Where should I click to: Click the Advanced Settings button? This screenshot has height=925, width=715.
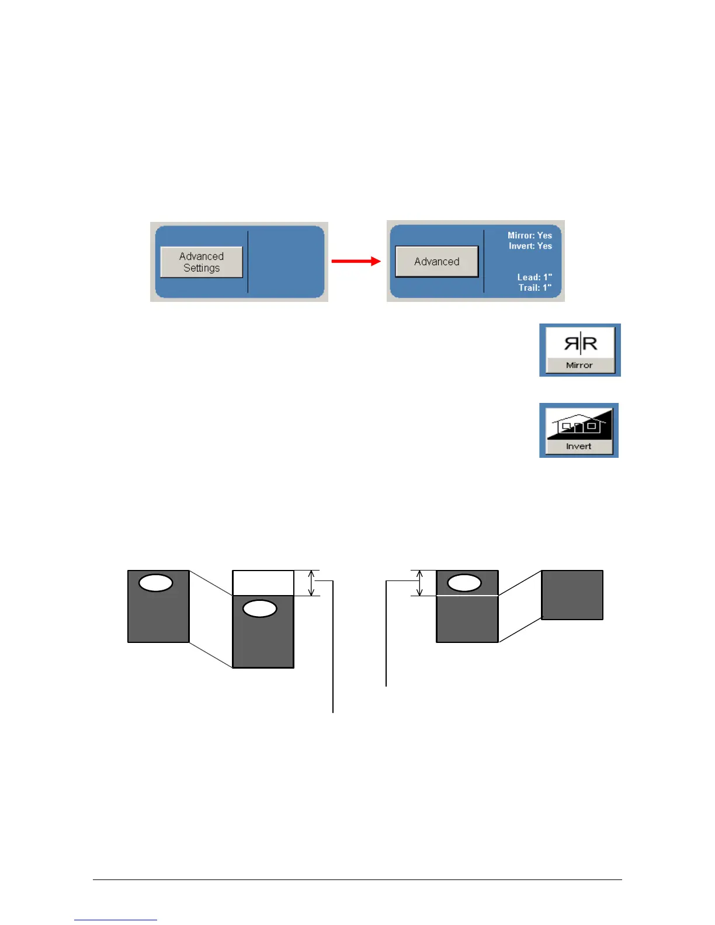(x=202, y=262)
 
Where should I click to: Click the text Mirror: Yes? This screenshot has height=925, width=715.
(x=529, y=235)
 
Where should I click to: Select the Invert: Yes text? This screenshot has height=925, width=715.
(x=530, y=246)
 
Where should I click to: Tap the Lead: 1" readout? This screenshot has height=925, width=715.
(x=534, y=277)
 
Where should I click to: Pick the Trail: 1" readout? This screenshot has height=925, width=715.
(x=534, y=287)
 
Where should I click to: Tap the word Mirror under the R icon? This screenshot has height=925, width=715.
(x=579, y=365)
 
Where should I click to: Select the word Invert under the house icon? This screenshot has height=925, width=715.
(x=578, y=446)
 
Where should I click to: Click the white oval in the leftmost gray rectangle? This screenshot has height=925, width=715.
(x=156, y=583)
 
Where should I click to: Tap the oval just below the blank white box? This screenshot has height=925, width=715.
(x=259, y=608)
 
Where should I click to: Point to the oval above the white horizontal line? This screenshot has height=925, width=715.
(x=464, y=583)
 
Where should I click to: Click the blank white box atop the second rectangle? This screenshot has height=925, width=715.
(x=263, y=583)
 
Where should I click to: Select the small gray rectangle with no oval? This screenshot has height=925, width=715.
(x=572, y=594)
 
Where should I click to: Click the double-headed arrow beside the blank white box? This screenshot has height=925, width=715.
(x=311, y=583)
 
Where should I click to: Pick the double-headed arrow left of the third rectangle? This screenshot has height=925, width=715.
(x=419, y=583)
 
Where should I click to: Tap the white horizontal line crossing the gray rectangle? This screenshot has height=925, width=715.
(x=467, y=596)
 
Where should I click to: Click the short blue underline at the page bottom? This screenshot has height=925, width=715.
(x=116, y=920)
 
